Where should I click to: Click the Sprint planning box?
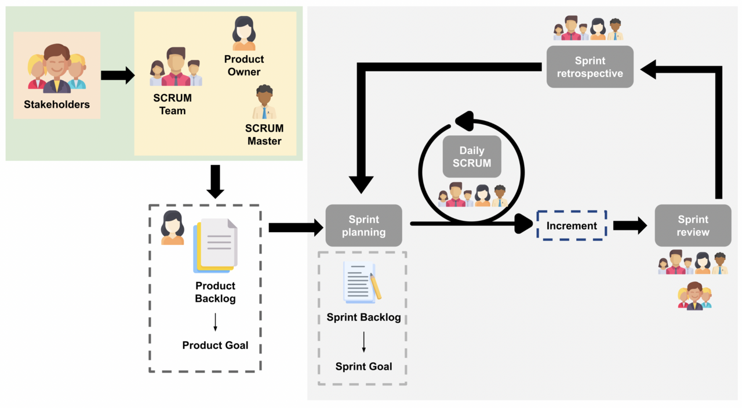(363, 226)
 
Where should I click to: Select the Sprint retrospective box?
(590, 67)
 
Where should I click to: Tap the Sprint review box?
(693, 226)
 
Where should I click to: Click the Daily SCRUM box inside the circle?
(471, 157)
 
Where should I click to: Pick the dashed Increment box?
(572, 226)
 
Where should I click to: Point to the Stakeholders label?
(57, 105)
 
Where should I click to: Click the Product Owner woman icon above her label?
(244, 34)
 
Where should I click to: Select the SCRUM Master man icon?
(264, 102)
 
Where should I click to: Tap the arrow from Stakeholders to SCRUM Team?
(118, 75)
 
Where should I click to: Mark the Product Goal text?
(215, 345)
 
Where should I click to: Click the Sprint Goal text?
(363, 367)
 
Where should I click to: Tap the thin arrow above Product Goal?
(215, 322)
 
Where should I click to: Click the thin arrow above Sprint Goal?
(363, 342)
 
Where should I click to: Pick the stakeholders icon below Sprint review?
(694, 296)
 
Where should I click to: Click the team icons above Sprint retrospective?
(587, 29)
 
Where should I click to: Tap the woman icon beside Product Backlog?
(172, 228)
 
